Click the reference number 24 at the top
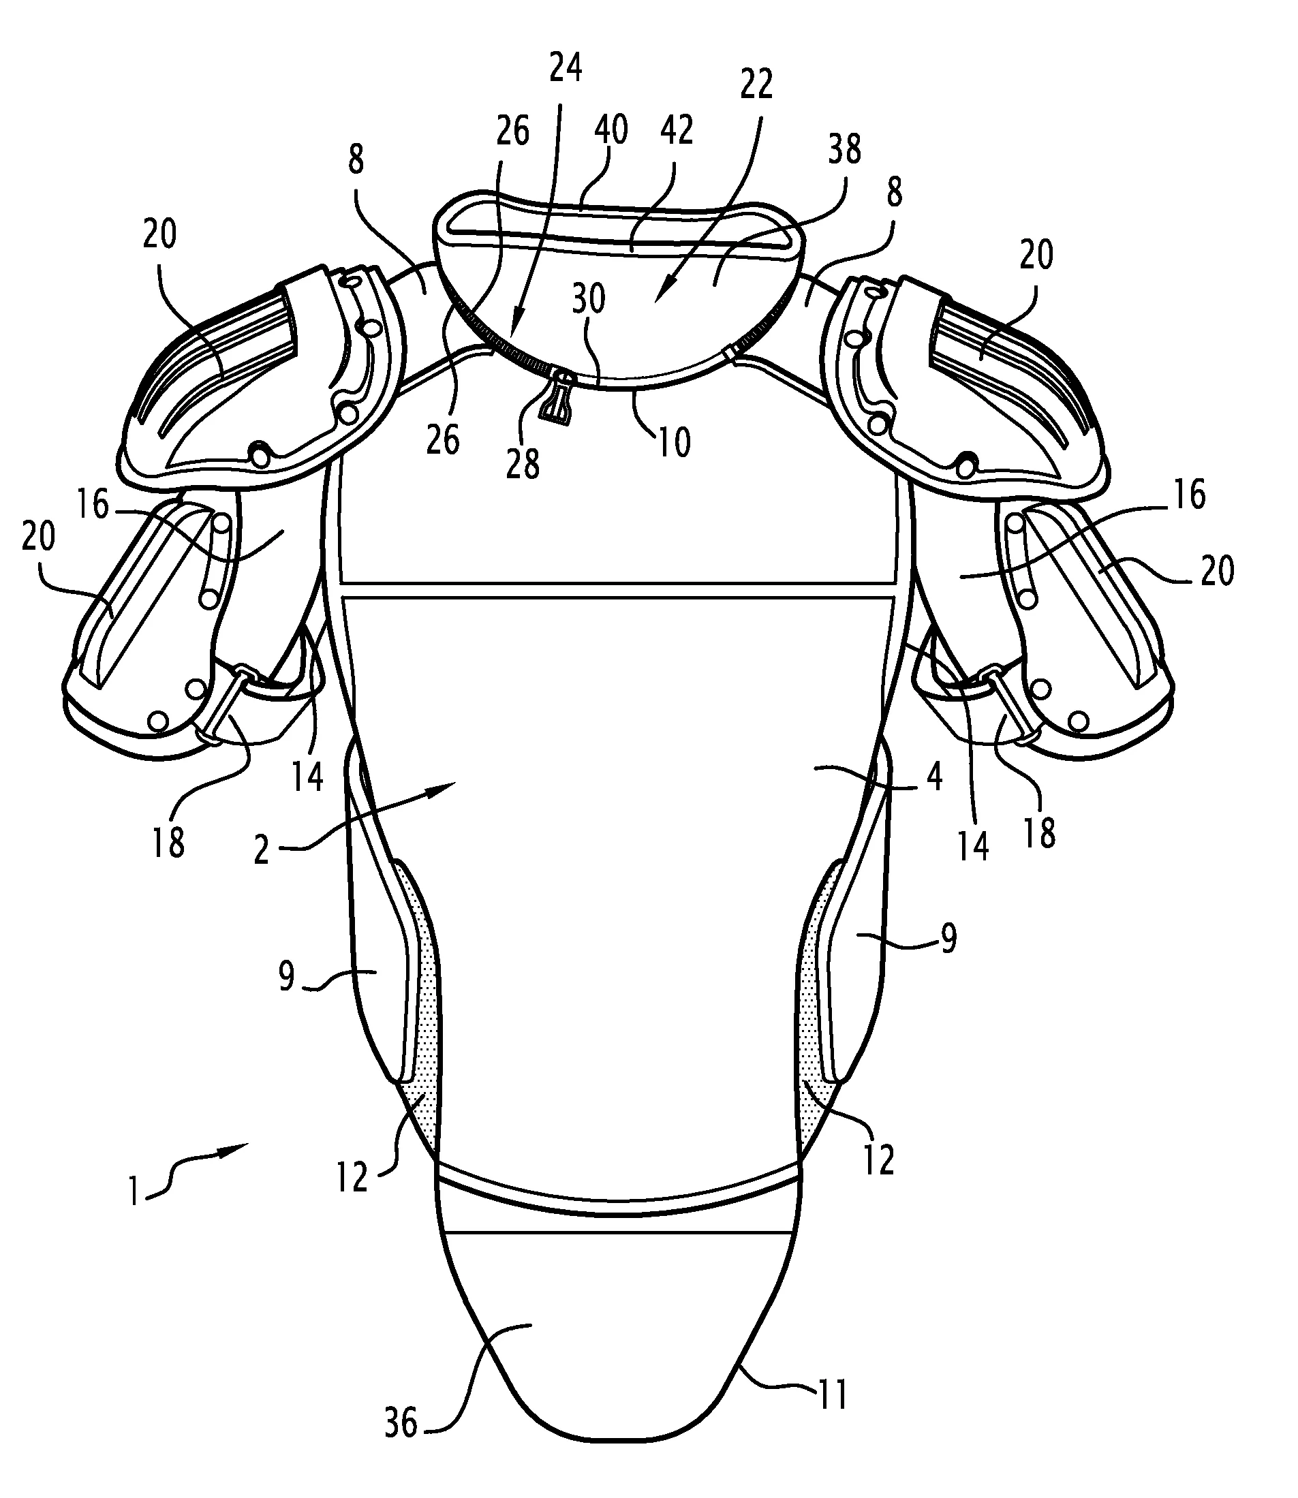566,68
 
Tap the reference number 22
756,85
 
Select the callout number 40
611,130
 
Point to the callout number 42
677,130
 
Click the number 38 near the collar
844,150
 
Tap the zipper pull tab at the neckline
556,396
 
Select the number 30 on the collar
588,298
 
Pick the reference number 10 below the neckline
674,441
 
